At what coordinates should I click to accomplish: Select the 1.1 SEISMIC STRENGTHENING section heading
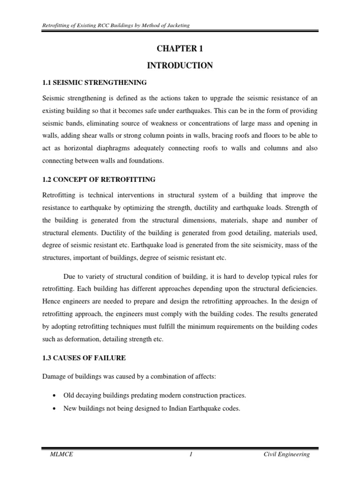pos(95,83)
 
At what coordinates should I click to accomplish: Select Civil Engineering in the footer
pos(286,455)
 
